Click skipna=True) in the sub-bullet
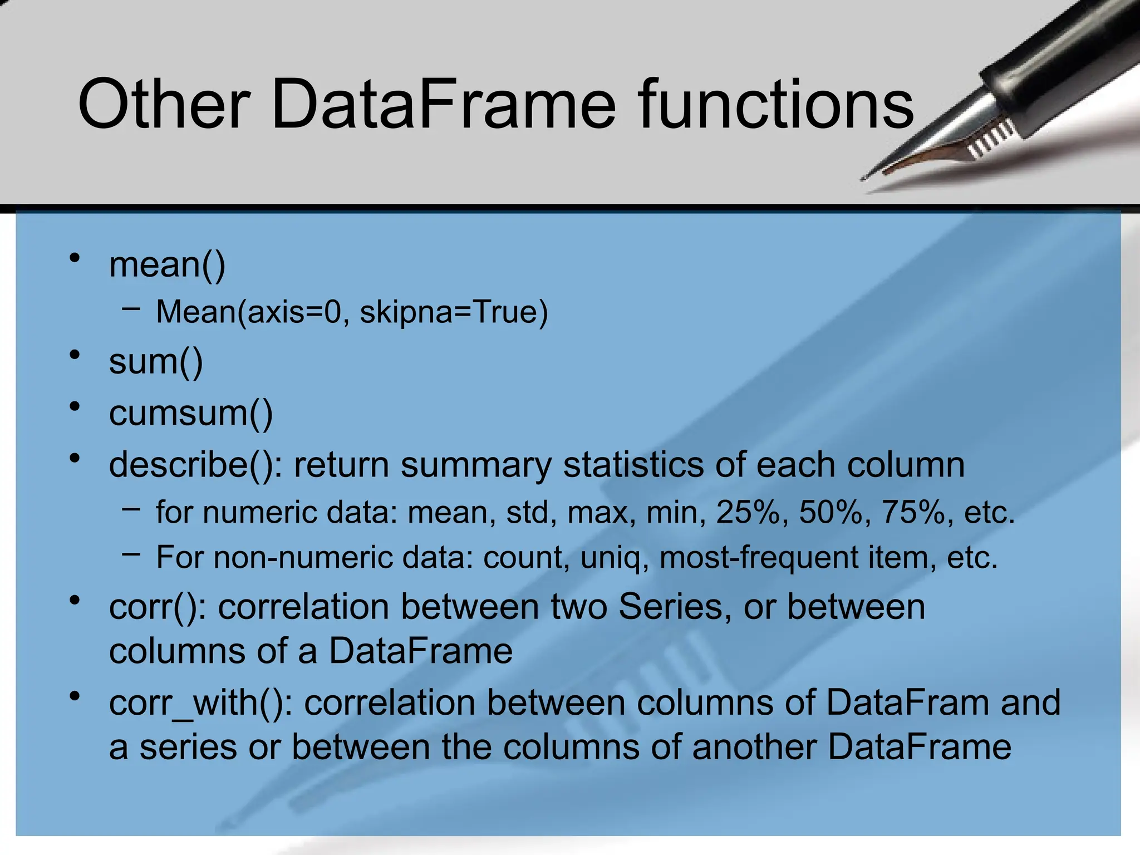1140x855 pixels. click(x=454, y=312)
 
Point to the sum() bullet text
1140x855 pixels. click(x=156, y=362)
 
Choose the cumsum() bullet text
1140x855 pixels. click(x=191, y=414)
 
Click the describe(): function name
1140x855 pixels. click(x=195, y=465)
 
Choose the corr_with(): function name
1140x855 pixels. click(x=200, y=702)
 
